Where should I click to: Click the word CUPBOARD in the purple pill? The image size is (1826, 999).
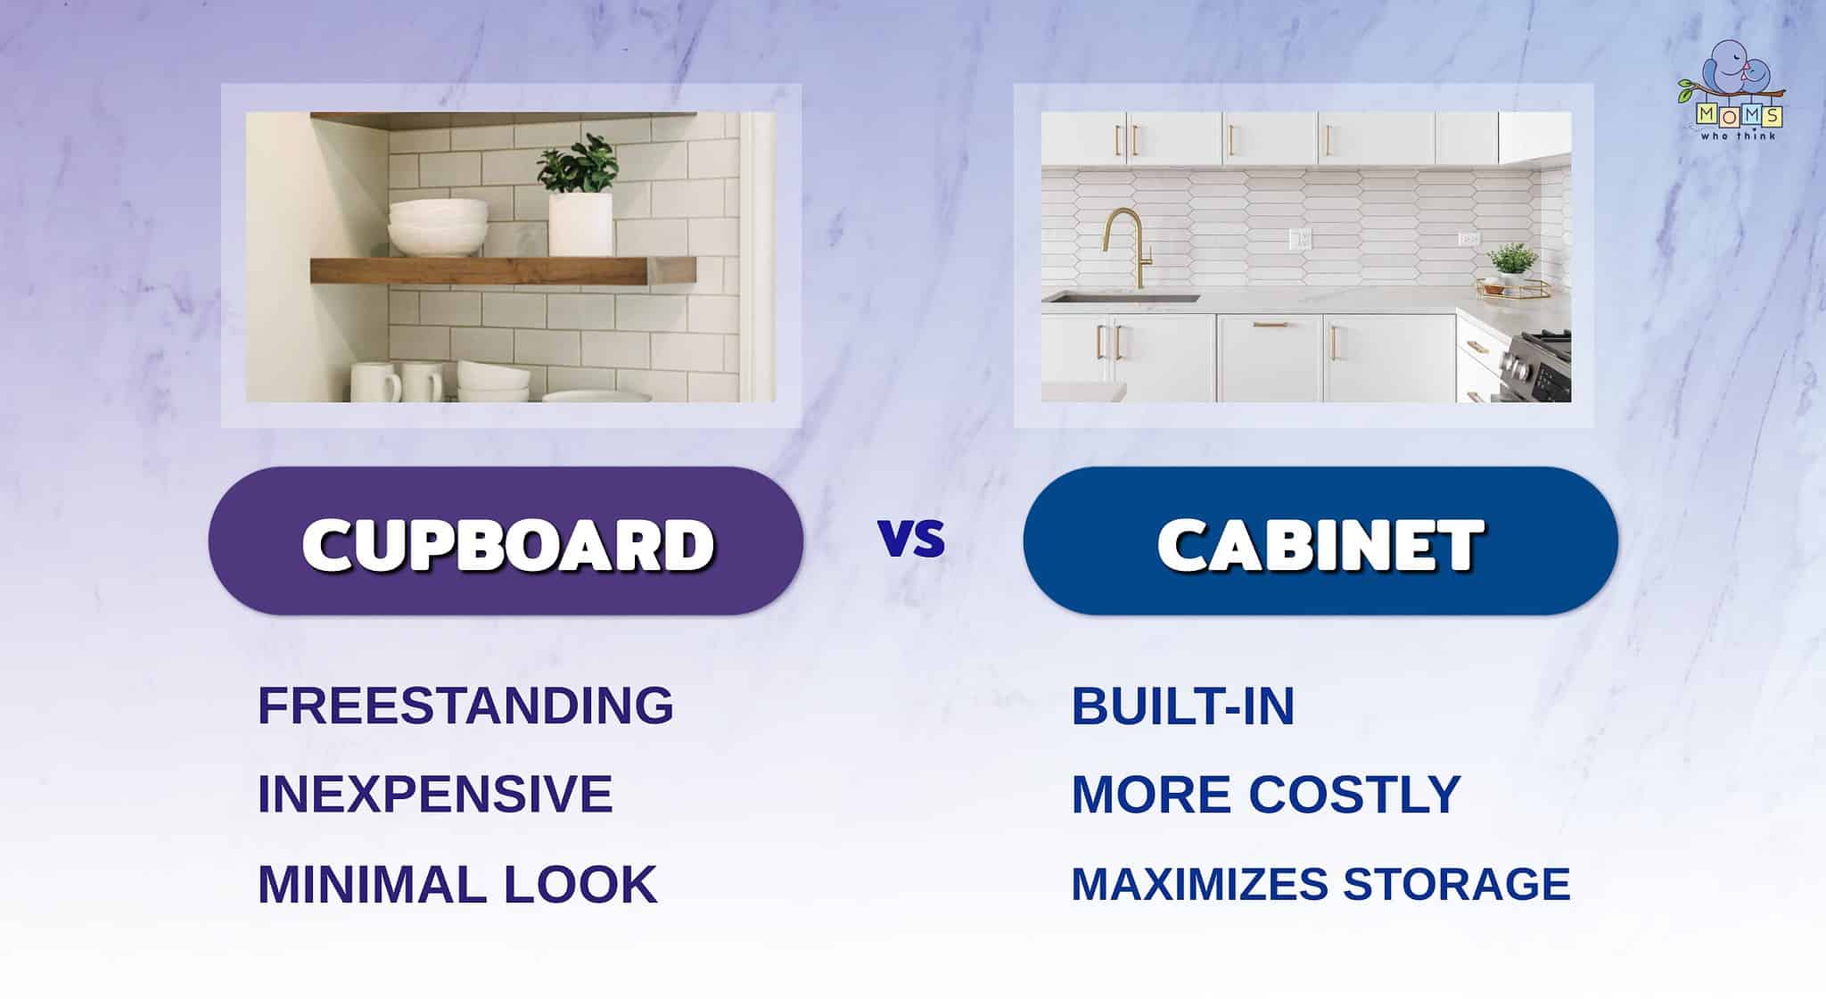click(508, 543)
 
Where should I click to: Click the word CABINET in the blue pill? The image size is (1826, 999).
click(1320, 543)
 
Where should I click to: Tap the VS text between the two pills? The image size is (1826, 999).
click(911, 539)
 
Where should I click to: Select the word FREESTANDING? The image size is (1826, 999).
click(465, 706)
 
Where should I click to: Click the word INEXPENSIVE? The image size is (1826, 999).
click(435, 794)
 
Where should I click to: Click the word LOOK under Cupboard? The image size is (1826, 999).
click(580, 884)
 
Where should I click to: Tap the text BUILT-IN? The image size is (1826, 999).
click(1182, 706)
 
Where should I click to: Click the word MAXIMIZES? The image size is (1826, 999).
click(1198, 884)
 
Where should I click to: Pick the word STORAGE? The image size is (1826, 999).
click(1456, 884)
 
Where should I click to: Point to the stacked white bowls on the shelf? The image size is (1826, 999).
click(438, 227)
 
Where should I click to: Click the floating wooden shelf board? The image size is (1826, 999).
click(501, 270)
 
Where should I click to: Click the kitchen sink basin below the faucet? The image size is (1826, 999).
click(1122, 298)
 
